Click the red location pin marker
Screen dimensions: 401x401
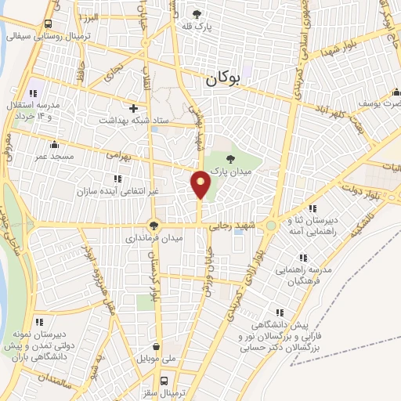coord(201,186)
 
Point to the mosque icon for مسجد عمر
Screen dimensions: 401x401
coord(54,143)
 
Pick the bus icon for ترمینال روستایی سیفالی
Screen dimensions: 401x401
coord(49,23)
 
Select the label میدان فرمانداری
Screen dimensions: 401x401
coord(156,237)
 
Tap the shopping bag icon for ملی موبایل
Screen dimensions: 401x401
coord(157,345)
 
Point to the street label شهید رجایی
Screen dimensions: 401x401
coord(230,225)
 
